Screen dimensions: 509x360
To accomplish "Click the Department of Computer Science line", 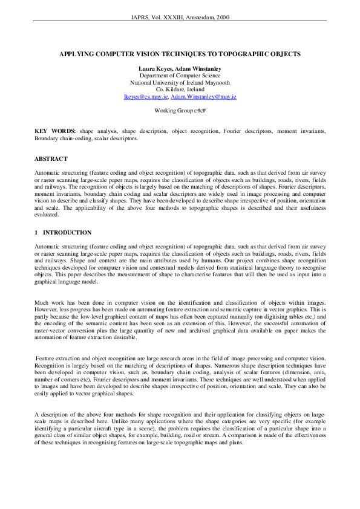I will pyautogui.click(x=180, y=75).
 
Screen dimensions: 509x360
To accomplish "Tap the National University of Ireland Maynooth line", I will pyautogui.click(x=180, y=82).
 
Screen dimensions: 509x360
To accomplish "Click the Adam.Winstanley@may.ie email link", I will pyautogui.click(x=203, y=96).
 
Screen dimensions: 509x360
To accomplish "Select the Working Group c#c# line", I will pyautogui.click(x=180, y=111).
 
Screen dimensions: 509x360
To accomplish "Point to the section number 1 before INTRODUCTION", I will pyautogui.click(x=36, y=233).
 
